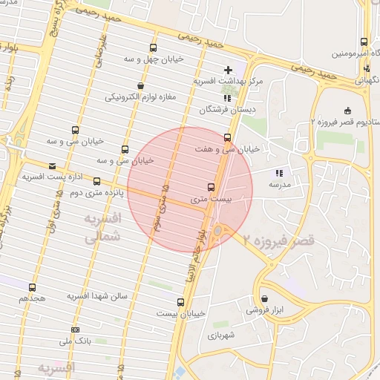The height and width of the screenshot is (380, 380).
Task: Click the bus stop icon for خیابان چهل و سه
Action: coord(154,47)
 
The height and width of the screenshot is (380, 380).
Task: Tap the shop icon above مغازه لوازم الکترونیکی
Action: coord(140,85)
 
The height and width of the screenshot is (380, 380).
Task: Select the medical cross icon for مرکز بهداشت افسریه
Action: coord(228,70)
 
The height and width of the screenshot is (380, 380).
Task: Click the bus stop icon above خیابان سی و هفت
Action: coord(227,137)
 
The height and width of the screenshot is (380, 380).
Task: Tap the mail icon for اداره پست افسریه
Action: coord(52,166)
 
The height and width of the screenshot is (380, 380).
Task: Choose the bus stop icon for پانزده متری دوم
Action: coord(96,181)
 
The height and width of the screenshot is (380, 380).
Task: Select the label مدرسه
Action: coord(278,184)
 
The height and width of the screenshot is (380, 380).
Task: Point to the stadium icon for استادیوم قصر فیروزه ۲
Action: coord(348,111)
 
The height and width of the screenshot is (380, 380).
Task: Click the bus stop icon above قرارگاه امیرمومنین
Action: coord(363,42)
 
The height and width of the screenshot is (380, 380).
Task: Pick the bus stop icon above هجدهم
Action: coord(32,287)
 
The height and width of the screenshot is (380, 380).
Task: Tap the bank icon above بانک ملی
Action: coord(75,330)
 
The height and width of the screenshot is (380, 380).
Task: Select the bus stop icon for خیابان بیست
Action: coord(180,302)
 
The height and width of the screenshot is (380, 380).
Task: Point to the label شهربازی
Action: coord(221,335)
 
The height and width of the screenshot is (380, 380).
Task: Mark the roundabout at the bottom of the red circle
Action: coord(217,232)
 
